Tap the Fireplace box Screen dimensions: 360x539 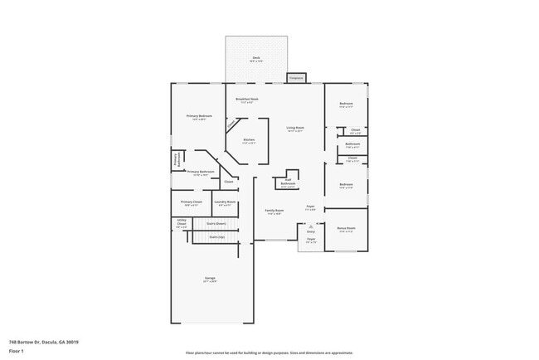point(296,78)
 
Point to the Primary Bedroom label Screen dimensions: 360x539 point(199,116)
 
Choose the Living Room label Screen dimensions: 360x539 point(294,129)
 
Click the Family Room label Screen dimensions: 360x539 point(274,212)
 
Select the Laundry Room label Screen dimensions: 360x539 point(226,202)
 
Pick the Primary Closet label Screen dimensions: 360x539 point(192,202)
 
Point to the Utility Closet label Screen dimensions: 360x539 point(182,222)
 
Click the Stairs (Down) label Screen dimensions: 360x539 point(216,223)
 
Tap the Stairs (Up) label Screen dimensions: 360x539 point(216,237)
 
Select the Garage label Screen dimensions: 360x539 point(211,278)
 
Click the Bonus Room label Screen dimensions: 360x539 point(346,228)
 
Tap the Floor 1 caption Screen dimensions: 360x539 point(16,351)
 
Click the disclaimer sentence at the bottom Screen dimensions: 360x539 point(269,353)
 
